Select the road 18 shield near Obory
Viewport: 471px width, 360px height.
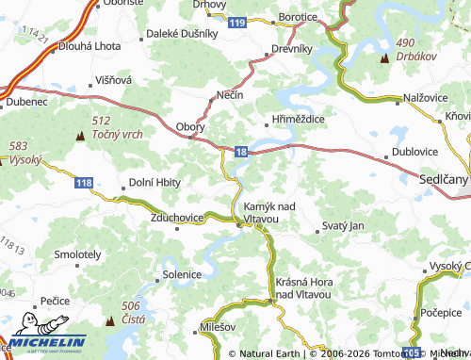243,151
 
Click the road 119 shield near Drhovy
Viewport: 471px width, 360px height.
243,22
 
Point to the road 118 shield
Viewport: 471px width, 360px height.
84,181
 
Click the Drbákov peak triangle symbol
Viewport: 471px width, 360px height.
384,59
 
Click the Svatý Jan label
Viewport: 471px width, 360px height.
342,226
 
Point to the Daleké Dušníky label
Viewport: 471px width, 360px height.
183,33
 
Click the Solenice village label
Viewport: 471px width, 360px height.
183,274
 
